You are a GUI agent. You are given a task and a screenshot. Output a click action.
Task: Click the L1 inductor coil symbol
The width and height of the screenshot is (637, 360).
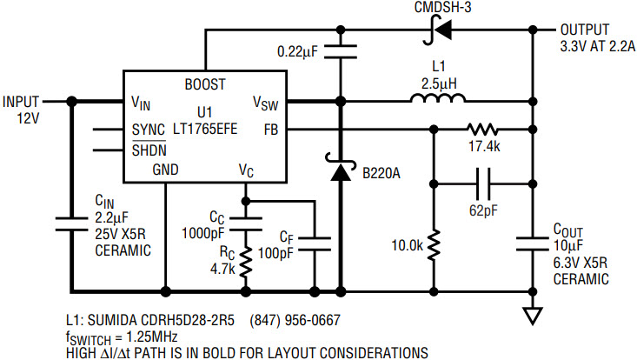pyautogui.click(x=437, y=98)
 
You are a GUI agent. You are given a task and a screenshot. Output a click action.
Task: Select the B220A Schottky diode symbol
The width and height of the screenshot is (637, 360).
pyautogui.click(x=341, y=167)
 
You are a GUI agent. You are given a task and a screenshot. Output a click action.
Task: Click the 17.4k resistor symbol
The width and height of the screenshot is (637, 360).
pyautogui.click(x=482, y=130)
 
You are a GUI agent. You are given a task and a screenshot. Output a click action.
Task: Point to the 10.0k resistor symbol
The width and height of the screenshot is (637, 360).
pyautogui.click(x=434, y=245)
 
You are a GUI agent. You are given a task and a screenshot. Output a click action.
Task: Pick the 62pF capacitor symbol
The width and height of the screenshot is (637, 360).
pyautogui.click(x=482, y=183)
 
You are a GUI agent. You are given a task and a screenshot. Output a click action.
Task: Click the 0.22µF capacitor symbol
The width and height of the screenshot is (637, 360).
pyautogui.click(x=341, y=51)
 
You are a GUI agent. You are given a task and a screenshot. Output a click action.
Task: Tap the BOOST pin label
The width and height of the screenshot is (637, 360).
pyautogui.click(x=205, y=84)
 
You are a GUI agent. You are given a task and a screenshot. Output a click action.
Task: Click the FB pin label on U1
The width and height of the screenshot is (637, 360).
pyautogui.click(x=271, y=130)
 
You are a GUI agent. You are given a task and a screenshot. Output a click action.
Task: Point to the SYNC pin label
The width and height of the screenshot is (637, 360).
pyautogui.click(x=149, y=130)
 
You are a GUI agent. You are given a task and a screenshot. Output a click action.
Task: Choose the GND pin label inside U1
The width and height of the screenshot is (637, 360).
pyautogui.click(x=165, y=169)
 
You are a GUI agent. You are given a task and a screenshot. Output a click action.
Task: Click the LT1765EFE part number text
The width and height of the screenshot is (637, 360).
pyautogui.click(x=205, y=129)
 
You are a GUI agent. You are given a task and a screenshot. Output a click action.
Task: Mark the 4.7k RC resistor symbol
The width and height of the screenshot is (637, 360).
pyautogui.click(x=245, y=262)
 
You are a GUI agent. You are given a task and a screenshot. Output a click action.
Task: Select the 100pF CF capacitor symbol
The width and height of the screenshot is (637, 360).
pyautogui.click(x=315, y=243)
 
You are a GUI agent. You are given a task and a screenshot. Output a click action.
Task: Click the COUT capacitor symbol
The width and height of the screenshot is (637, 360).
pyautogui.click(x=533, y=243)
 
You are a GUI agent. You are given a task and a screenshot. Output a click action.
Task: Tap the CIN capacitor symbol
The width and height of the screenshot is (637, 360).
pyautogui.click(x=71, y=224)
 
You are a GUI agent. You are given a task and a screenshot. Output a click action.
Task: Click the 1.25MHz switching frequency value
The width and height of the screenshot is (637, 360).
pyautogui.click(x=152, y=337)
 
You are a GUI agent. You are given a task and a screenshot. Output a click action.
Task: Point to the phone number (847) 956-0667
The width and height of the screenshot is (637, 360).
pyautogui.click(x=295, y=320)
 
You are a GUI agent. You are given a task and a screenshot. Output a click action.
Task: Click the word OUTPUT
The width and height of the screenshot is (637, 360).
pyautogui.click(x=585, y=30)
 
